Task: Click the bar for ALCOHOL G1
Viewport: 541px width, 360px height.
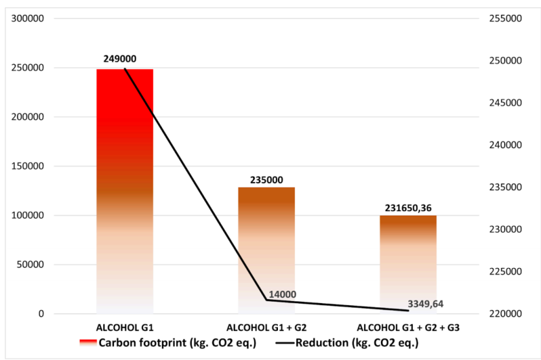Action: click(x=125, y=192)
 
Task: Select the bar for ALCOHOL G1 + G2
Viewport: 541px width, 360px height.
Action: click(x=266, y=251)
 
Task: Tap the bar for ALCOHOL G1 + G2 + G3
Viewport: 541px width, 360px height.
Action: click(x=408, y=265)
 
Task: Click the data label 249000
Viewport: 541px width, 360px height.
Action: click(x=120, y=59)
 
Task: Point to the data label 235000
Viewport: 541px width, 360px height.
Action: click(x=266, y=179)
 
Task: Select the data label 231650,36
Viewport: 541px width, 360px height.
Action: click(x=408, y=208)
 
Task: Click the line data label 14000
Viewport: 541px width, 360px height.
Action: click(x=282, y=295)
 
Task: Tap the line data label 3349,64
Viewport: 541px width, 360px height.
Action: click(x=426, y=304)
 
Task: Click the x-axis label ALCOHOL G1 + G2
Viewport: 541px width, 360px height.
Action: click(x=266, y=328)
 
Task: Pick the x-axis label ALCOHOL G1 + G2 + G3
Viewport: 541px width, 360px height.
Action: click(x=408, y=328)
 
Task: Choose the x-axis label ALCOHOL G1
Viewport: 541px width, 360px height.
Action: click(x=124, y=328)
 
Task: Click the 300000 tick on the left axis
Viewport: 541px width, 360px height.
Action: click(x=28, y=19)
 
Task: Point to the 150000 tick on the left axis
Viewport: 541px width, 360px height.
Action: click(x=28, y=166)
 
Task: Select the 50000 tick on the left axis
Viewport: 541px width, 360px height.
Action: click(x=30, y=264)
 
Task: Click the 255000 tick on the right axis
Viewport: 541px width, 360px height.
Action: click(x=505, y=19)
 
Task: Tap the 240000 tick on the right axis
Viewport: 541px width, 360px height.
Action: click(x=505, y=145)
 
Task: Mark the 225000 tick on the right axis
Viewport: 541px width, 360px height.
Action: click(x=505, y=271)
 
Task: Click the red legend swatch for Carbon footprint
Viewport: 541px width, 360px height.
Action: click(x=88, y=343)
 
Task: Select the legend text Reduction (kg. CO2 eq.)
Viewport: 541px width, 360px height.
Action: click(x=357, y=343)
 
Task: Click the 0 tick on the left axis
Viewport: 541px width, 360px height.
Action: click(x=41, y=314)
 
